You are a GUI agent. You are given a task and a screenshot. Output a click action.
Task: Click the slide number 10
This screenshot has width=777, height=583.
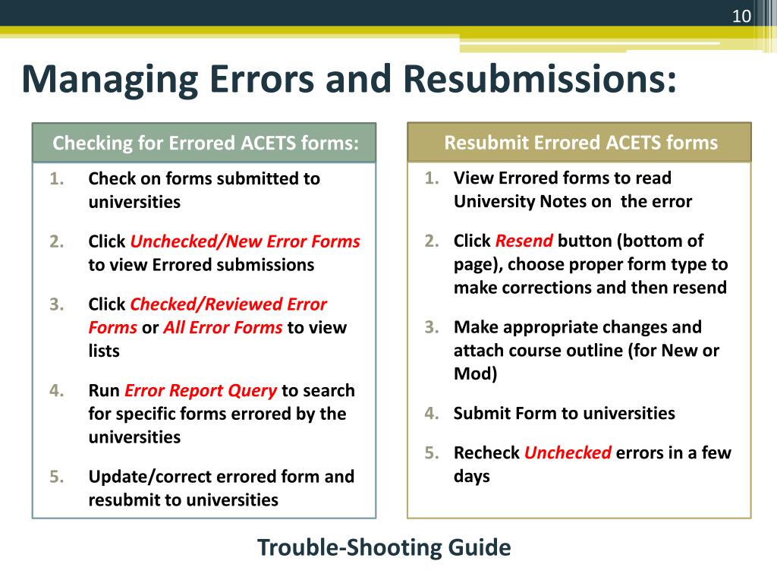(741, 16)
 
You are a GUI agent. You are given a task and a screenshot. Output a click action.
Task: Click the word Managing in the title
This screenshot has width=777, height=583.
(109, 80)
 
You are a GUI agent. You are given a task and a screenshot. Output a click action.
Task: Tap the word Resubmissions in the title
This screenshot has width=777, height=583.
(538, 80)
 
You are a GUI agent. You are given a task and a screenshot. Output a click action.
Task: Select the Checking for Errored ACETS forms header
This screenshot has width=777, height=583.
(204, 143)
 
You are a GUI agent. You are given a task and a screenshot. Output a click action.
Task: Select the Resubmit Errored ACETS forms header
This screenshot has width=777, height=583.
(580, 143)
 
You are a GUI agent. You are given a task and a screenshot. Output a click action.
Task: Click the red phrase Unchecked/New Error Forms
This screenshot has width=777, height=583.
(245, 241)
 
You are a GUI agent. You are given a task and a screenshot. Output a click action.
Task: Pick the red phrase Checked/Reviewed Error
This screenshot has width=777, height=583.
(228, 304)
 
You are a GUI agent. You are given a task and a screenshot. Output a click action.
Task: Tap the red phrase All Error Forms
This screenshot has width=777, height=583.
(223, 328)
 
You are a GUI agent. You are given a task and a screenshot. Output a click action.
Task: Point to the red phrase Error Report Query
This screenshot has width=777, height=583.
(200, 390)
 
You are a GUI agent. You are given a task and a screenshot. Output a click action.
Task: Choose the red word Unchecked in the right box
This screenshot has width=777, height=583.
(568, 453)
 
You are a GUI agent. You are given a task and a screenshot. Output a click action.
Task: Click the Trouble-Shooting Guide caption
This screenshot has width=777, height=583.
(384, 547)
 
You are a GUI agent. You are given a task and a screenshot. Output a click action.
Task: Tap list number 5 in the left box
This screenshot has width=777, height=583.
(56, 477)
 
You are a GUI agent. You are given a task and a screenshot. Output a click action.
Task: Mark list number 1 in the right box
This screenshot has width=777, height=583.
(432, 178)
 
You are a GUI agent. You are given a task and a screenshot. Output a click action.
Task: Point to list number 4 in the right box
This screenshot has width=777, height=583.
(432, 414)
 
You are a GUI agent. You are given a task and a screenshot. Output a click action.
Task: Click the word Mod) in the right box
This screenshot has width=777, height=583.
(475, 374)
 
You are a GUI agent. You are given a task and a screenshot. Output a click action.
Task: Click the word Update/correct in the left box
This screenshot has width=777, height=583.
(150, 477)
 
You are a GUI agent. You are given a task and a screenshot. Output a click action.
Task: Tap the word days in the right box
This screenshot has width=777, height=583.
(472, 477)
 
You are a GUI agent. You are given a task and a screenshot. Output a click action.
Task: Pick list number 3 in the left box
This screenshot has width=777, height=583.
(56, 304)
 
